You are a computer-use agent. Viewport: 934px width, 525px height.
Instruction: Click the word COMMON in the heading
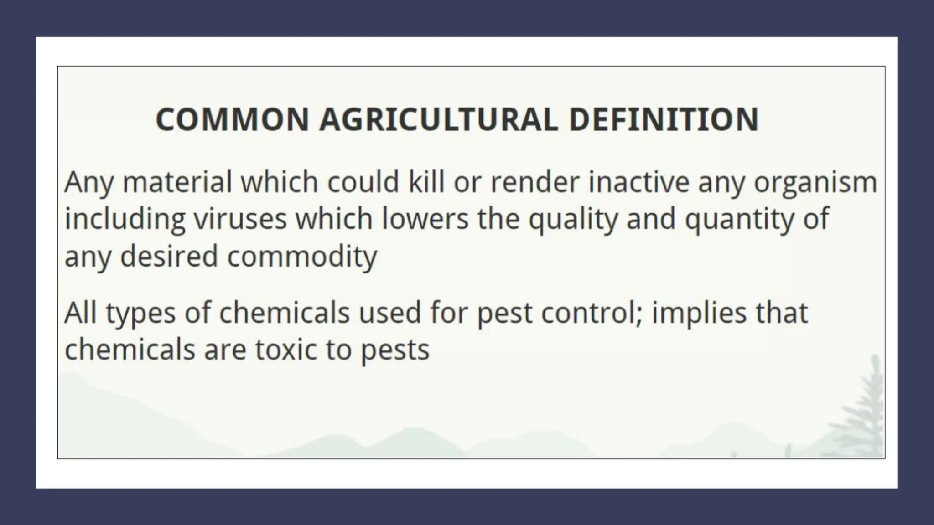pos(232,119)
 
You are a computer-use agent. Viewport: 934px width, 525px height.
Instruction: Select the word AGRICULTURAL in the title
pos(438,119)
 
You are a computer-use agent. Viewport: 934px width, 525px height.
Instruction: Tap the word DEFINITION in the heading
pos(664,119)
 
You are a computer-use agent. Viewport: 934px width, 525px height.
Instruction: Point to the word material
pos(177,182)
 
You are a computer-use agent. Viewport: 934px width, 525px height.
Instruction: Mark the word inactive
pos(638,182)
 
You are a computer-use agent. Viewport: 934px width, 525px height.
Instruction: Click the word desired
pos(169,256)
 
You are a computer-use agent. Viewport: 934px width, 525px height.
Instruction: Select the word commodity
pos(302,257)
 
